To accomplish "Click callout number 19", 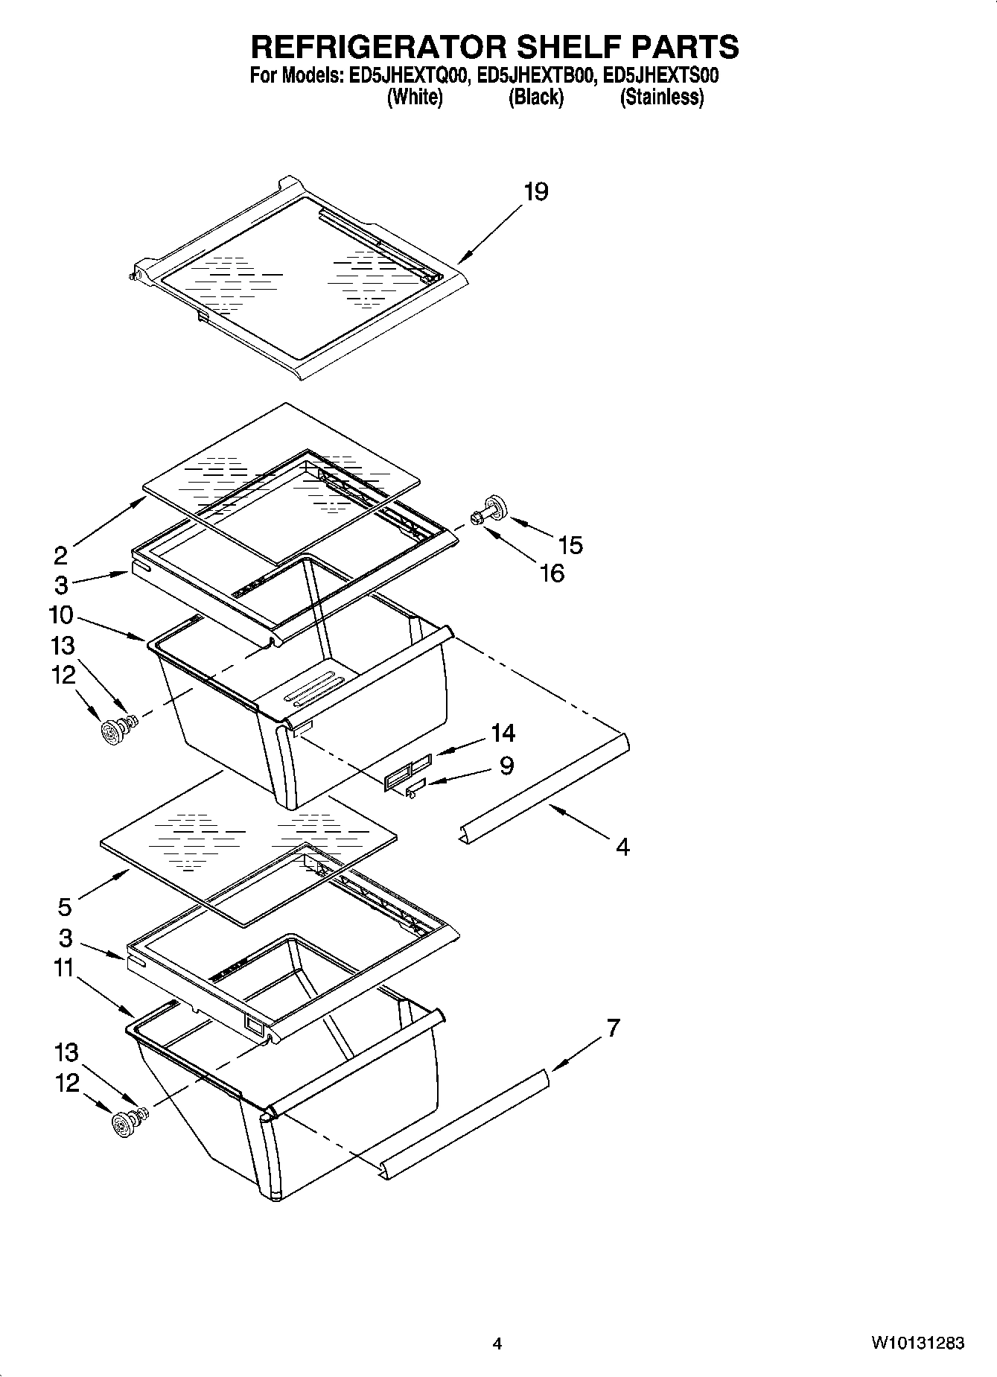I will click(536, 192).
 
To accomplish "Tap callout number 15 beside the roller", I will click(570, 545).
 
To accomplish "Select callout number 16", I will click(552, 573).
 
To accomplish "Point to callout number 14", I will click(503, 734).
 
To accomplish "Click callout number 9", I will click(506, 766).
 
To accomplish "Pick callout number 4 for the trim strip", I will click(622, 847).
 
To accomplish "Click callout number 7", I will click(612, 1028).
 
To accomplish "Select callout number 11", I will click(63, 968).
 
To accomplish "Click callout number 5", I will click(65, 907).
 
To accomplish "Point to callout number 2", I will click(60, 556).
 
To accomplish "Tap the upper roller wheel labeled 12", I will click(112, 734).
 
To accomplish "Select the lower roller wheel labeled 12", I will click(121, 1124).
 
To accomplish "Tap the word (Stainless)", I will click(661, 98).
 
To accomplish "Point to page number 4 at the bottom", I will click(497, 1343).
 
